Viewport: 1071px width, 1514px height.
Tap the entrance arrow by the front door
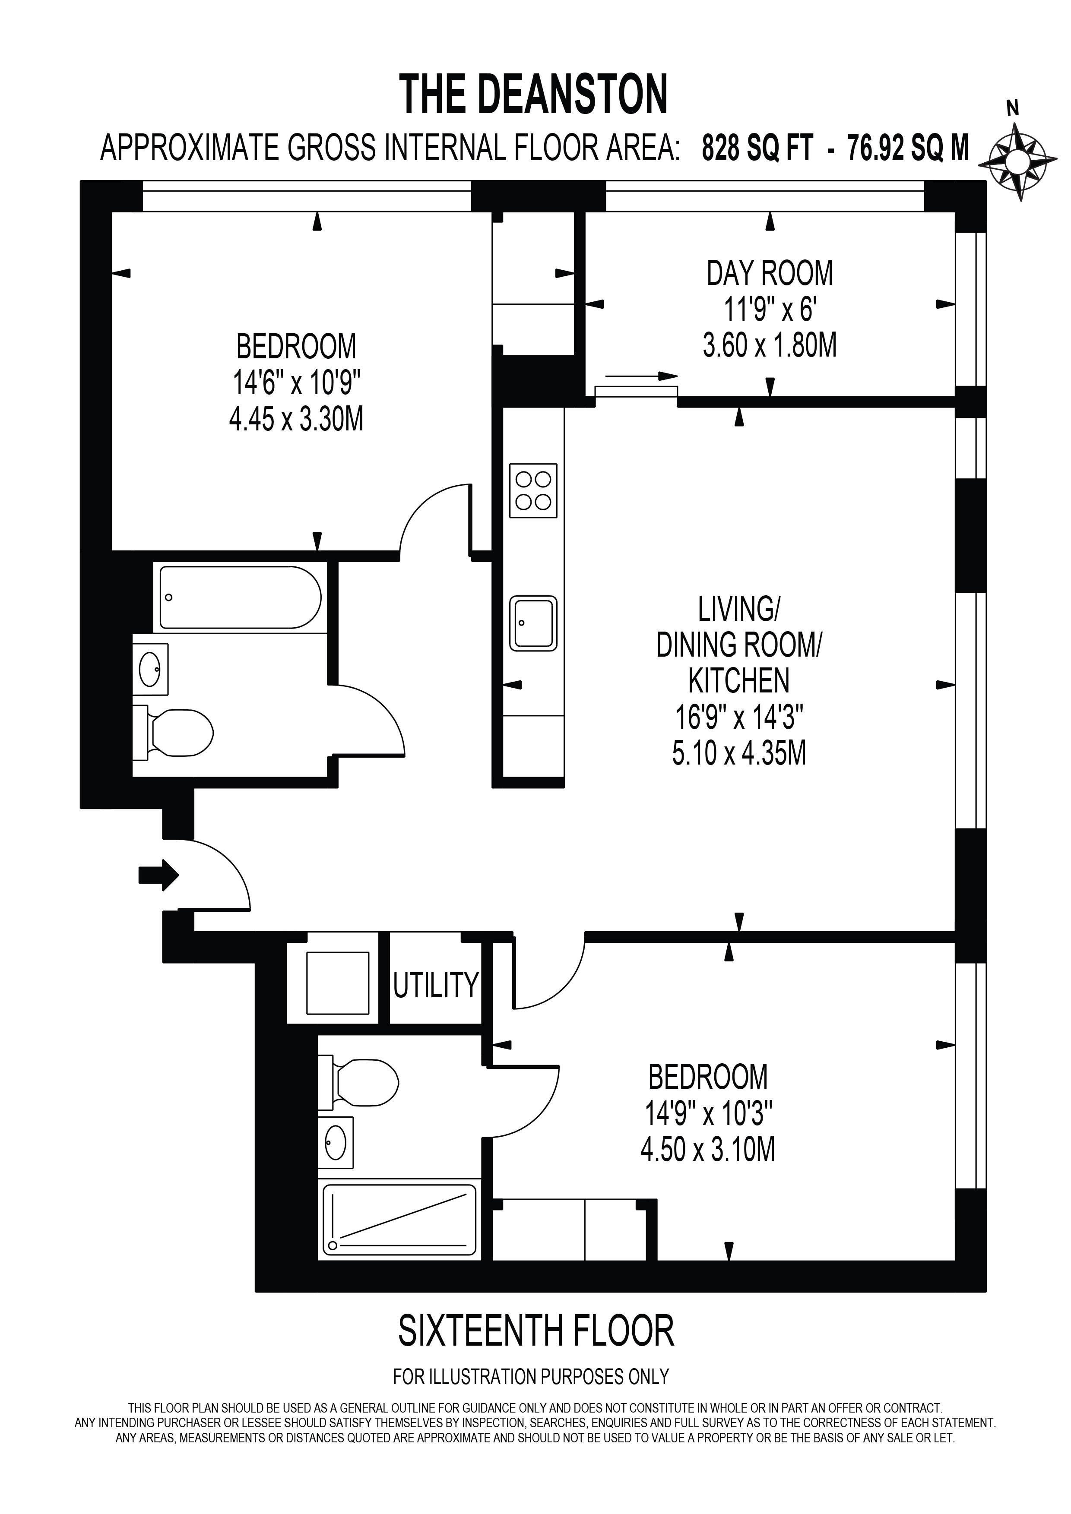159,875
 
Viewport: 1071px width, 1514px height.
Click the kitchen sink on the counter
533,623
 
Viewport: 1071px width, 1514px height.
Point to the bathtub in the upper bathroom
240,597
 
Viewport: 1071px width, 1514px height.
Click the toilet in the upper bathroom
173,732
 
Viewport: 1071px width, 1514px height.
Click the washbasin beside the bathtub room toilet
150,669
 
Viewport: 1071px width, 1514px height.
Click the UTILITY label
435,984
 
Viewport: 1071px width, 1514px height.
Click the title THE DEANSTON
535,94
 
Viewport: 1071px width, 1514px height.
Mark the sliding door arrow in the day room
641,376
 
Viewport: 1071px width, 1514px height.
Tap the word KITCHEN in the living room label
738,681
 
